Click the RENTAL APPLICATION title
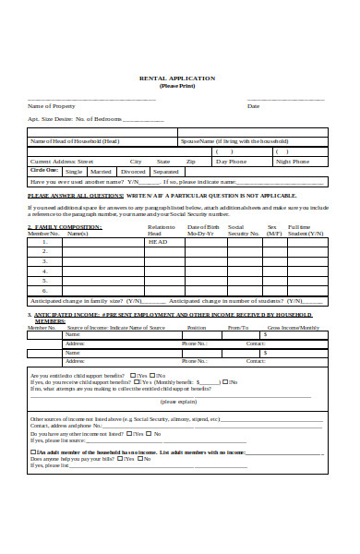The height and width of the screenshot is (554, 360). point(176,78)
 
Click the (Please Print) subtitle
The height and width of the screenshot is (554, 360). point(176,86)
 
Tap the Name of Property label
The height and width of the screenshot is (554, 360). point(52,106)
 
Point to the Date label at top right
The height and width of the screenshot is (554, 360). point(253,106)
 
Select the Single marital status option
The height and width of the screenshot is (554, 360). point(74,172)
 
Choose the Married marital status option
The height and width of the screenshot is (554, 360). point(102,172)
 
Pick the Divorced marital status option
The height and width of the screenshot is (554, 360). point(133,172)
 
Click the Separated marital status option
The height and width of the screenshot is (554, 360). point(166,172)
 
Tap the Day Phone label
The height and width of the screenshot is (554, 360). point(231,162)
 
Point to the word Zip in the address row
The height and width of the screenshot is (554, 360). point(190,162)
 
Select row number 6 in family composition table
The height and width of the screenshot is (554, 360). point(44,290)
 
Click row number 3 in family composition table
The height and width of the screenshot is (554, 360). point(44,261)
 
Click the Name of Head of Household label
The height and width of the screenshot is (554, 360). point(75,141)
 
